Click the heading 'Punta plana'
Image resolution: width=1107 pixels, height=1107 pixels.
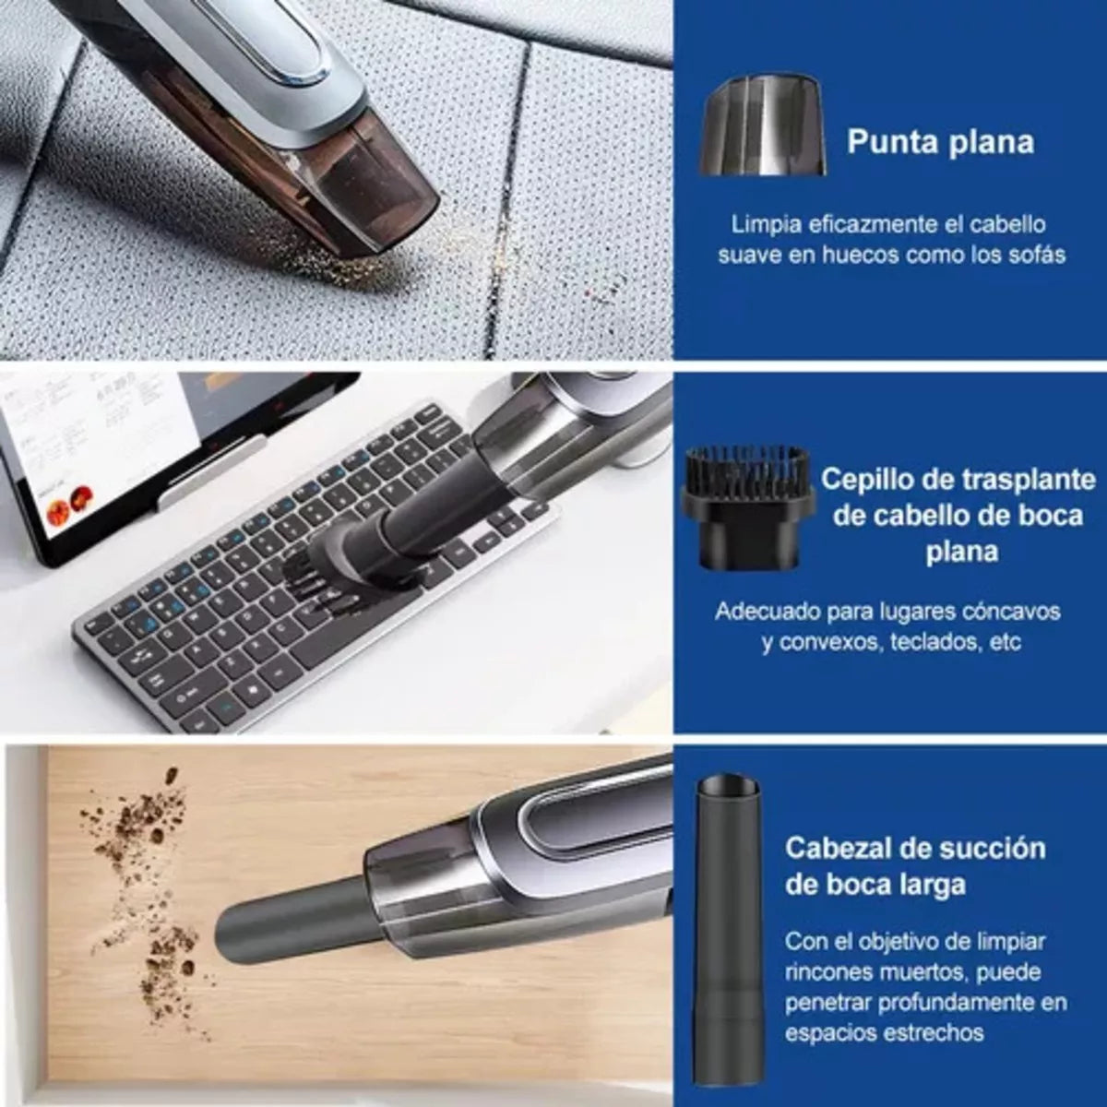coord(940,142)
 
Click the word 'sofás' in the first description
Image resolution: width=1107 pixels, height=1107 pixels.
coord(1034,254)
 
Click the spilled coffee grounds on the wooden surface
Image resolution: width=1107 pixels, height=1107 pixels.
coord(148,913)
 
